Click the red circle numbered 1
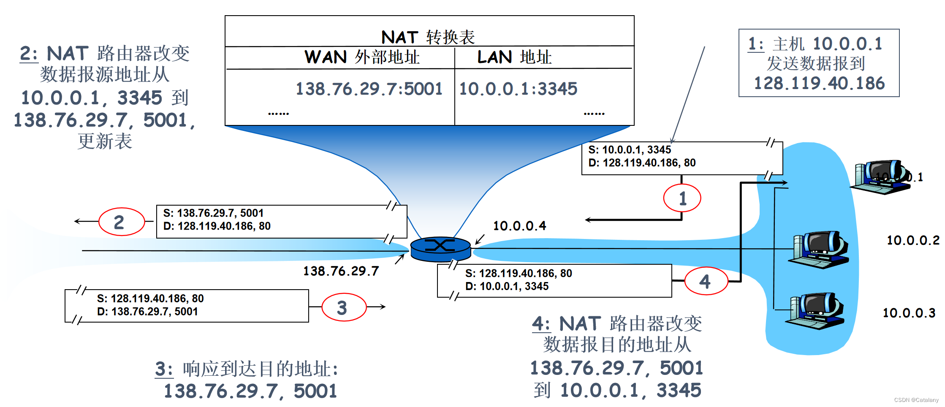(x=682, y=198)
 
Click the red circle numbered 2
(x=122, y=222)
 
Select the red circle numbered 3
(x=344, y=307)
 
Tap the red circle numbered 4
(x=706, y=281)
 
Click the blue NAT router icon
(x=440, y=249)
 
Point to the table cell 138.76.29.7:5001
(x=369, y=89)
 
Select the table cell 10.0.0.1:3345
(x=518, y=89)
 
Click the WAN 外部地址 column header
(x=362, y=57)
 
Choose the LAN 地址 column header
(x=514, y=57)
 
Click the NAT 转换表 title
(x=428, y=37)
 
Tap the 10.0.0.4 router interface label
(x=519, y=226)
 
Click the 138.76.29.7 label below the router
(x=341, y=271)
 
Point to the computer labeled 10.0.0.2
(x=819, y=249)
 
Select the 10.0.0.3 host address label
(x=909, y=313)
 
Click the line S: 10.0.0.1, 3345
(x=629, y=150)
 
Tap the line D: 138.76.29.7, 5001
(x=147, y=312)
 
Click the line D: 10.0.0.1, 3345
(x=507, y=286)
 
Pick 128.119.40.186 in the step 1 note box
(x=819, y=83)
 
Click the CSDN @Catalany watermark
(x=916, y=400)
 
